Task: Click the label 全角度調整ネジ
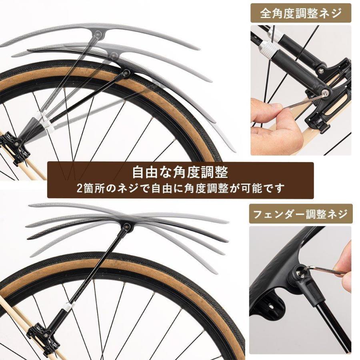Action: [x=301, y=14]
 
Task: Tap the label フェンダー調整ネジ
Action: [x=301, y=215]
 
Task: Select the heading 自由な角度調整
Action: [x=180, y=173]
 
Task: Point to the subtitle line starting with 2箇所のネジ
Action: [x=180, y=188]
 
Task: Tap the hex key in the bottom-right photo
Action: [x=324, y=272]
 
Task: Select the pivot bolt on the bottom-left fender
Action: [x=127, y=227]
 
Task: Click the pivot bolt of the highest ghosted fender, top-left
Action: [x=97, y=35]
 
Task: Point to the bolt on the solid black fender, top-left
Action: [x=127, y=73]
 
